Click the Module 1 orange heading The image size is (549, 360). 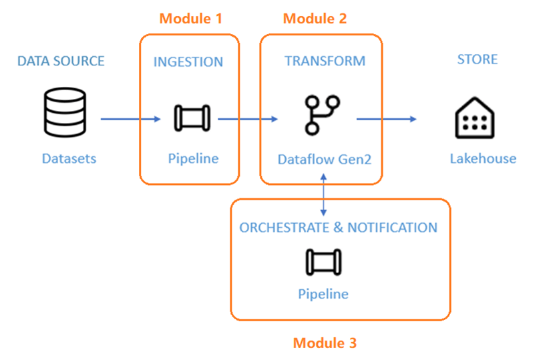pyautogui.click(x=190, y=19)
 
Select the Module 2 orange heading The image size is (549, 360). pyautogui.click(x=315, y=19)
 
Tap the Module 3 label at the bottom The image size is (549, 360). pyautogui.click(x=325, y=343)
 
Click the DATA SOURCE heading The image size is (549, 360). pyautogui.click(x=61, y=61)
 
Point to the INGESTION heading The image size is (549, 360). pyautogui.click(x=188, y=62)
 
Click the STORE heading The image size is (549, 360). pyautogui.click(x=477, y=59)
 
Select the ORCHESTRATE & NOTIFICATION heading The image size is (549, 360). pyautogui.click(x=338, y=227)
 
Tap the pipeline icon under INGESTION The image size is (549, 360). pyautogui.click(x=192, y=118)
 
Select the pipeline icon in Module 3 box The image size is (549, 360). pyautogui.click(x=323, y=262)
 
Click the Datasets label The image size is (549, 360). pyautogui.click(x=69, y=158)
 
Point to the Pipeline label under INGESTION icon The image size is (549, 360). pyautogui.click(x=193, y=159)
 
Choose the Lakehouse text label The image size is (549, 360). pyautogui.click(x=483, y=158)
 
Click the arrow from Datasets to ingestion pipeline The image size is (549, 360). pyautogui.click(x=131, y=120)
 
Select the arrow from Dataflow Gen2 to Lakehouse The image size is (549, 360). pyautogui.click(x=386, y=119)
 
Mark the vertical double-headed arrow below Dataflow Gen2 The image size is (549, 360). pyautogui.click(x=323, y=194)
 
